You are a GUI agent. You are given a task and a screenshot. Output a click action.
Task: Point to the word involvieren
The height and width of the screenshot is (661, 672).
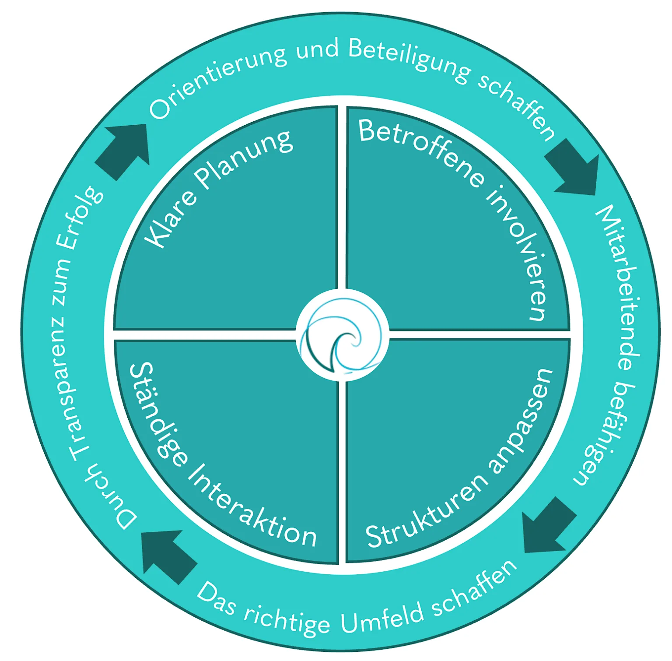coord(519,252)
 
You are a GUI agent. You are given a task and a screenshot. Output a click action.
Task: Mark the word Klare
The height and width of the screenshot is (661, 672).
coord(171,221)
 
